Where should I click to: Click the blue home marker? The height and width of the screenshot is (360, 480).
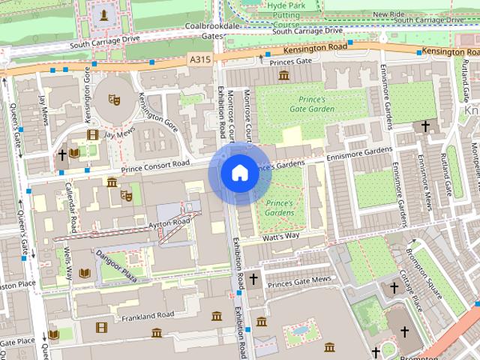click(239, 173)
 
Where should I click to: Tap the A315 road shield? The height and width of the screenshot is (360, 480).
click(200, 58)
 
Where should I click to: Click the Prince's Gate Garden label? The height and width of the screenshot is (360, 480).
click(311, 104)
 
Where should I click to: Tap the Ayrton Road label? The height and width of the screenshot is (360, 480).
click(169, 223)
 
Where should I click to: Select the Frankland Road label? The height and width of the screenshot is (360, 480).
click(148, 315)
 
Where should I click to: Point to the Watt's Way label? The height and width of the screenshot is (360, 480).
click(280, 236)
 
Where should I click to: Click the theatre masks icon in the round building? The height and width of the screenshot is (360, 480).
click(114, 98)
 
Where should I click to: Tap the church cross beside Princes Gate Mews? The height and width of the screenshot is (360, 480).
click(253, 280)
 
